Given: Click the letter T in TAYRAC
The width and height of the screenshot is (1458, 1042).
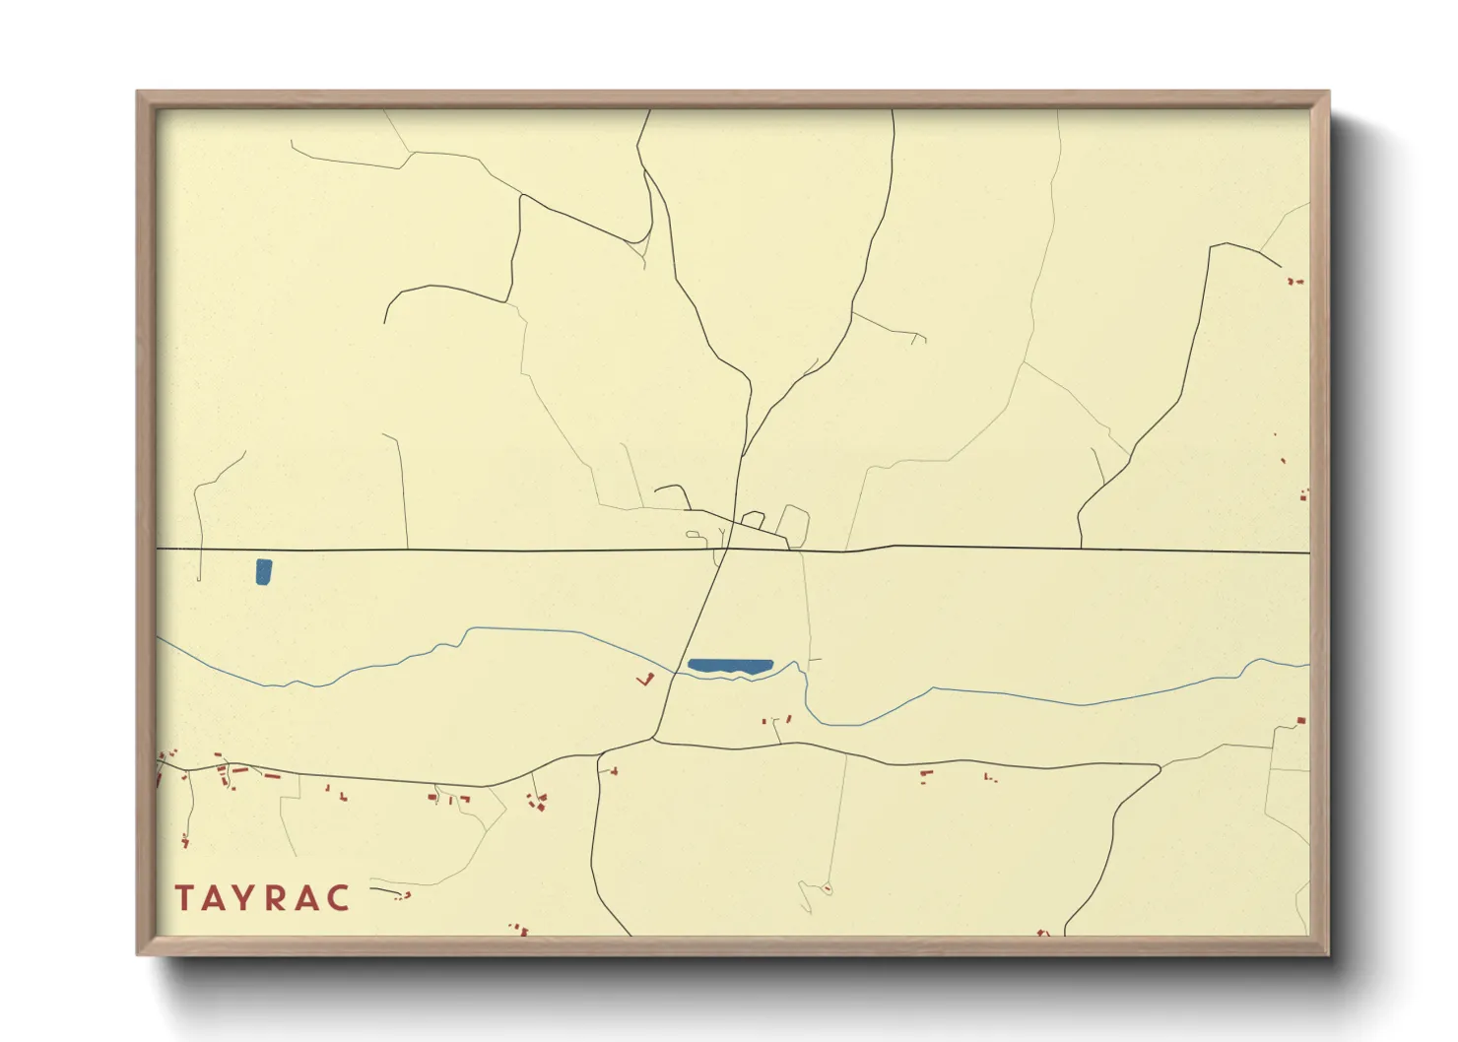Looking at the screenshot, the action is tap(184, 897).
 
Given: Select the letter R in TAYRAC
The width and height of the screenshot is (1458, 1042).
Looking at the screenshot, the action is tap(279, 897).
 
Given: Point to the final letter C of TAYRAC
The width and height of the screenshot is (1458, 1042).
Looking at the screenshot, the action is tap(339, 897).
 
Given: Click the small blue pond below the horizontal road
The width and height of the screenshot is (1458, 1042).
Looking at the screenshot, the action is tap(263, 571).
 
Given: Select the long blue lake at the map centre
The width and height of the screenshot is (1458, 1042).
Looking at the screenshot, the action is tap(730, 666).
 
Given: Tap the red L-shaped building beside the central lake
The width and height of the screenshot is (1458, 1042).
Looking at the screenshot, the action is tap(647, 680).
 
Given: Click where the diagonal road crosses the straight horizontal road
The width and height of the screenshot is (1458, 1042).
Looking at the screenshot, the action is tap(727, 550).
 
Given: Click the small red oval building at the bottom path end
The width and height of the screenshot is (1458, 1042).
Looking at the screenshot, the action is tap(828, 889).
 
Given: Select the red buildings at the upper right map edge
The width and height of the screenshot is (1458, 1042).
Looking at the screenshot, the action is tap(1295, 282).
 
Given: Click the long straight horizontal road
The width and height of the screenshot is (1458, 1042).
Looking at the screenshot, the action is tap(443, 550).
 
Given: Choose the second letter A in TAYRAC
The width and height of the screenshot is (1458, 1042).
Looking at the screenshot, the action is tap(308, 897).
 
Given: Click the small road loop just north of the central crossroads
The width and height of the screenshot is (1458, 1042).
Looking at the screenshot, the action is tap(794, 524).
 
